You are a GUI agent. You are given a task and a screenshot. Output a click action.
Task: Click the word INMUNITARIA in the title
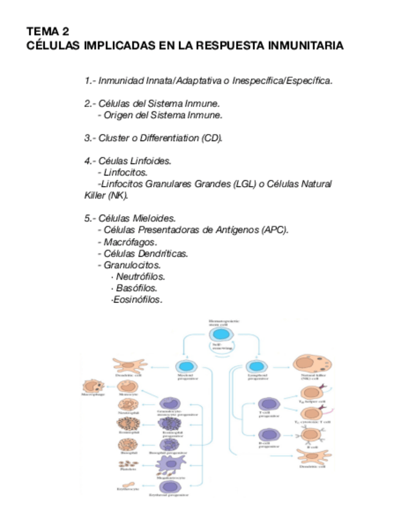click(304, 46)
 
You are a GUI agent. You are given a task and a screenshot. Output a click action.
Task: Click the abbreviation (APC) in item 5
click(274, 230)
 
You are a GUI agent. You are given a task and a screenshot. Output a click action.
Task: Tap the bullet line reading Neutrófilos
click(140, 277)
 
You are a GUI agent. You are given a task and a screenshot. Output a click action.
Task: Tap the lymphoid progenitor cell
click(256, 365)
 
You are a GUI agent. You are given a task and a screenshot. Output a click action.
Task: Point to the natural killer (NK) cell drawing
click(311, 364)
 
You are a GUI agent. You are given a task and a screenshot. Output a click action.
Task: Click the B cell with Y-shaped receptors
click(311, 435)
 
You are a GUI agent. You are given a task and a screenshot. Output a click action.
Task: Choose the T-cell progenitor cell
click(267, 405)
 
